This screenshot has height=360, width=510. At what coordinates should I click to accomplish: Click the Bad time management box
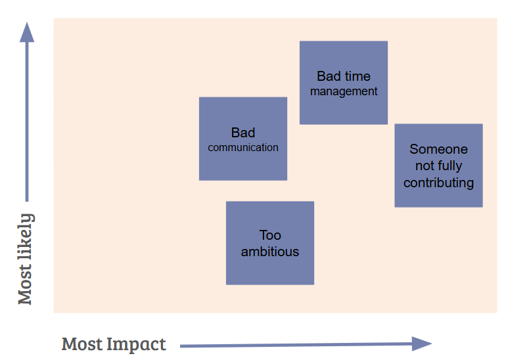tap(344, 83)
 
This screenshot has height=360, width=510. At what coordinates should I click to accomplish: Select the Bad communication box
tap(243, 139)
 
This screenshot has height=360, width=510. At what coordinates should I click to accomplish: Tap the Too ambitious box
tap(270, 243)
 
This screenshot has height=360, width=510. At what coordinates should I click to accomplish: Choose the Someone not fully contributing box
tap(438, 165)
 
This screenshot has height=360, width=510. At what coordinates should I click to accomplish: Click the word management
tap(344, 92)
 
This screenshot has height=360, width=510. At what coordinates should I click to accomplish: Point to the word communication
tap(243, 148)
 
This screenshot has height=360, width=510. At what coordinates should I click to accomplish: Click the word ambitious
tap(270, 252)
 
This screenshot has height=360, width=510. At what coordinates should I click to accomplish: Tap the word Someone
tap(438, 149)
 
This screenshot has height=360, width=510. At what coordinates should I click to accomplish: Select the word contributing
tap(438, 183)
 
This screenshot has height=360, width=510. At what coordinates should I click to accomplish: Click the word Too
tap(270, 235)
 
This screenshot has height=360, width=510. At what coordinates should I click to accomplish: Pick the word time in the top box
tap(357, 76)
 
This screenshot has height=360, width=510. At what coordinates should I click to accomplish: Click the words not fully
tap(438, 166)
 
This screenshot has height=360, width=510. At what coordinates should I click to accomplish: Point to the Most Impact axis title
tap(114, 344)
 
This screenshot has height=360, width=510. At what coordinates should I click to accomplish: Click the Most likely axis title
tap(26, 259)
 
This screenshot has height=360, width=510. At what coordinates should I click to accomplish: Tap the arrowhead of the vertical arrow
tap(27, 32)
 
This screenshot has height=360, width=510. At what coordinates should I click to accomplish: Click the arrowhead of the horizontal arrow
tap(422, 344)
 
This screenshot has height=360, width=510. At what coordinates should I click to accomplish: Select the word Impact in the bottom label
tap(136, 345)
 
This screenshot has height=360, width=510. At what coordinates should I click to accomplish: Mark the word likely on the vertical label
tap(26, 236)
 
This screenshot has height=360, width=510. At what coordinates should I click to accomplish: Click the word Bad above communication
tap(243, 133)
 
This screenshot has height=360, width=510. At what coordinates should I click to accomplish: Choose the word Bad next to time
tap(329, 76)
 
